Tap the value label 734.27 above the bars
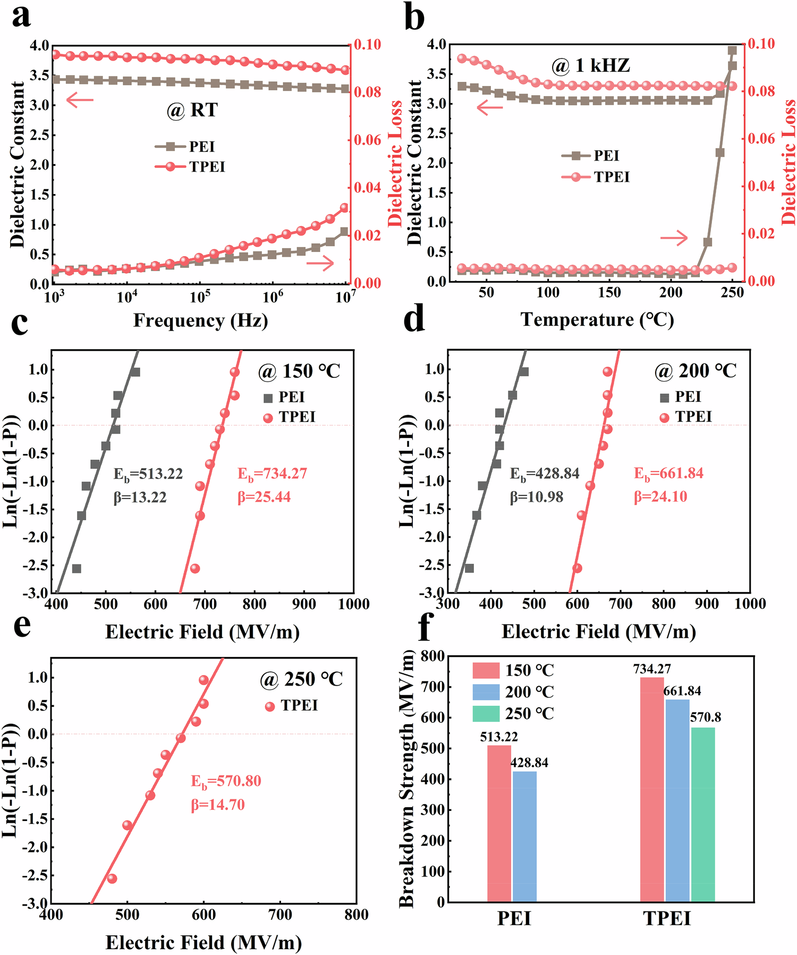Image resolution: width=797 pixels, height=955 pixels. pos(651,669)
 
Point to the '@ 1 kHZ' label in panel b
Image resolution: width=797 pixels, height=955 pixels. pos(590,66)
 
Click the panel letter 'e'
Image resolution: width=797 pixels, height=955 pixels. pos(21,626)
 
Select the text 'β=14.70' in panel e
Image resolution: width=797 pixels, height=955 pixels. pos(218,805)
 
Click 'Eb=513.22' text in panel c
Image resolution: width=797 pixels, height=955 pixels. pos(148,474)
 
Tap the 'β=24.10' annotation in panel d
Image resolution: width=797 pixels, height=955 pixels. pos(660,497)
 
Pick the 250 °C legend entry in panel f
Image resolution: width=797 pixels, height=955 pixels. pos(513,714)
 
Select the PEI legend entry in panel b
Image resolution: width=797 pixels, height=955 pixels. pos(590,156)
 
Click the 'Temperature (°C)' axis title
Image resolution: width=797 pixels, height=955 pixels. pos(597,320)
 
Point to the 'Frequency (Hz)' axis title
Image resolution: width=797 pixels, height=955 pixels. pos(200,320)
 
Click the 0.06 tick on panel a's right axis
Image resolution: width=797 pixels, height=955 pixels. pos(368,140)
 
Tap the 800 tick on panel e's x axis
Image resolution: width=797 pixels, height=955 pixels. pos(356,915)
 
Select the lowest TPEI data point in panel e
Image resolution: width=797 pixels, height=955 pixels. pos(112,878)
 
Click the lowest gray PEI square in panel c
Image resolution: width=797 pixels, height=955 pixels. pos(77,569)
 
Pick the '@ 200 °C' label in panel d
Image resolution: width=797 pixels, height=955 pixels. pos(695,371)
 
